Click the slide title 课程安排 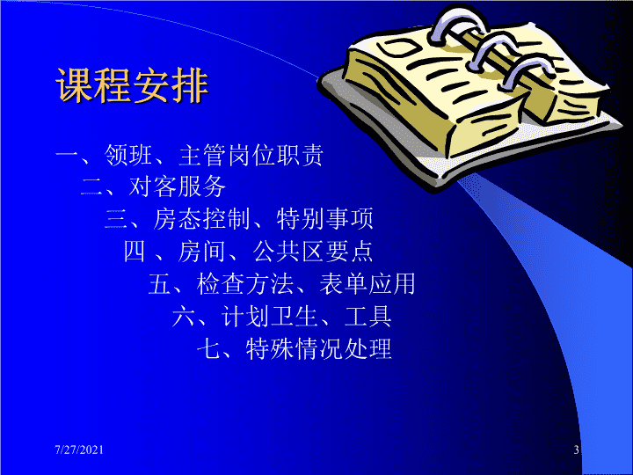132,85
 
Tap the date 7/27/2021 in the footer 79,449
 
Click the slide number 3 577,449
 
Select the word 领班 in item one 128,155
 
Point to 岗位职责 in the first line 276,155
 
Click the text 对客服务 178,186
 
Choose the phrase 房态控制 201,219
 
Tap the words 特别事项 325,219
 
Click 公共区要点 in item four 312,252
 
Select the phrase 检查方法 245,283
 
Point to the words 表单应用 367,283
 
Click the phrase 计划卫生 269,316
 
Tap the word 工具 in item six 367,316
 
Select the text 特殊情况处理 319,348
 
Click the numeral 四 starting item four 135,252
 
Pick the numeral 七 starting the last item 208,348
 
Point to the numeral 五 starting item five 158,283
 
